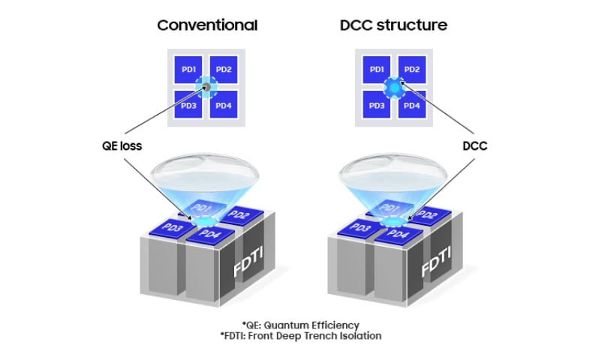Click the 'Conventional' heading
[206, 25]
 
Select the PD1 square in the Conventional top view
[188, 70]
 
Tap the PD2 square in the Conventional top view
[224, 70]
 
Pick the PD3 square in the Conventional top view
[188, 105]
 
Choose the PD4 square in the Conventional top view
[224, 105]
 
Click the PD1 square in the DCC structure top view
[378, 70]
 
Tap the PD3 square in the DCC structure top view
[378, 105]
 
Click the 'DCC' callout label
[473, 146]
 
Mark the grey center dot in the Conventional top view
[206, 88]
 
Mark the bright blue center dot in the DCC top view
[395, 88]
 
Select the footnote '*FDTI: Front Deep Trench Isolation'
[300, 336]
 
